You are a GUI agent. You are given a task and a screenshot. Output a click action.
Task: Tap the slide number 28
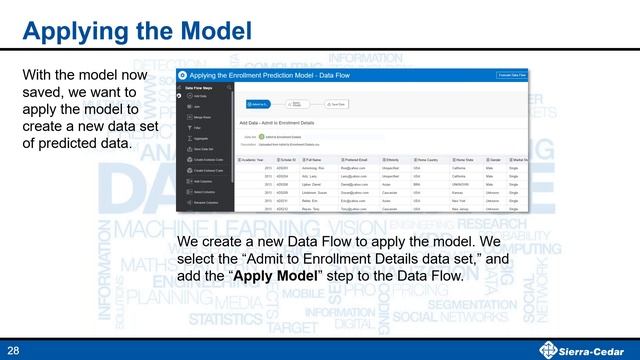tap(14, 349)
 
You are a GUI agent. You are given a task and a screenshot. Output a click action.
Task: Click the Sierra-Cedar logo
tap(584, 349)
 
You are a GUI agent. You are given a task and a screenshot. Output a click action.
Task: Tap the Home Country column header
tap(432, 159)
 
